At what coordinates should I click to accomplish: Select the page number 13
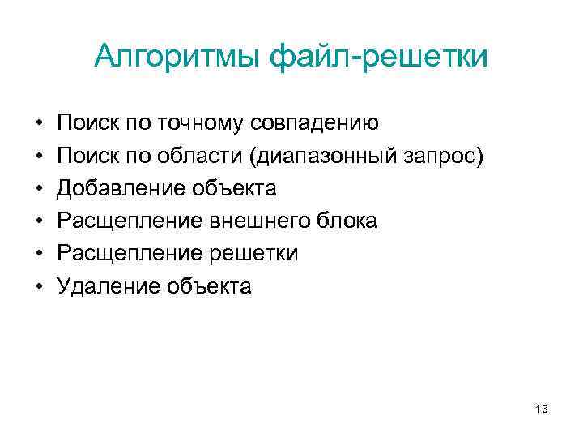(x=542, y=410)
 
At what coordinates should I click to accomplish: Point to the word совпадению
(x=315, y=123)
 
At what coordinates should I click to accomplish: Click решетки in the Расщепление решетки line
(x=257, y=253)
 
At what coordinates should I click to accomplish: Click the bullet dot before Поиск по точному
(x=38, y=124)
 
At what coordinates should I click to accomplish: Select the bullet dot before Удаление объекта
(x=38, y=286)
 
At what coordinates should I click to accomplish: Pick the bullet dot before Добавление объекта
(x=38, y=189)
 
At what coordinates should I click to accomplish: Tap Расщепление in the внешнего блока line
(x=130, y=221)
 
